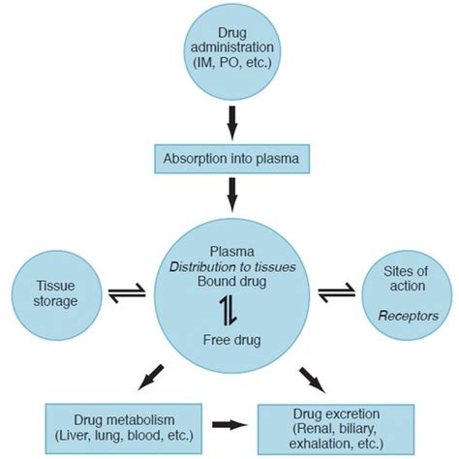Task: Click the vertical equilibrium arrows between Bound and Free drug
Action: tap(229, 310)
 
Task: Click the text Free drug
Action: tap(229, 340)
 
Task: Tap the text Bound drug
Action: tap(229, 283)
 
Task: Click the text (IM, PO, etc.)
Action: tap(229, 63)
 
